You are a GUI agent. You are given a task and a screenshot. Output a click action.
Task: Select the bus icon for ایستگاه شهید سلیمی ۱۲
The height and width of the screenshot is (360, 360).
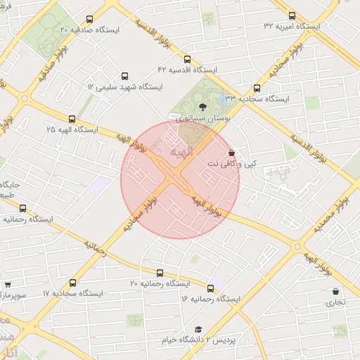coord(125,75)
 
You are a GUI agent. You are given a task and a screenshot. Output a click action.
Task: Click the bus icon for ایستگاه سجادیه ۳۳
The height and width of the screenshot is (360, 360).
coord(257,89)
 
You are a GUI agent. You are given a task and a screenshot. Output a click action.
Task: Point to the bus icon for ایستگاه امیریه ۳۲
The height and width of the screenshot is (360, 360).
coord(292,15)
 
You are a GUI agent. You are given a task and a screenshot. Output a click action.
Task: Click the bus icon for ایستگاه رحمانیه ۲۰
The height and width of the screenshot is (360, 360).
coord(160,273)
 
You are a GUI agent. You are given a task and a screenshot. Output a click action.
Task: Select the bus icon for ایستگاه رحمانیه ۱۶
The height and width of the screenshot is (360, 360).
coord(210,288)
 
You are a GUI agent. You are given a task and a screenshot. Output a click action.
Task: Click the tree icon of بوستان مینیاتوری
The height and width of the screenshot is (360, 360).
coord(203,108)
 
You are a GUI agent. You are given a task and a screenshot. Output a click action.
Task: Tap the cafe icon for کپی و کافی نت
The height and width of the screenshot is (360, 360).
coord(232,152)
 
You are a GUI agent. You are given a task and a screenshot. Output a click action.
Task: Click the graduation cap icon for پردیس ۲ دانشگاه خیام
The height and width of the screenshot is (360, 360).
coord(198,330)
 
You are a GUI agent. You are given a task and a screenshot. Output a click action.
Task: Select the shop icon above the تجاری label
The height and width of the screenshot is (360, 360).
coord(335,291)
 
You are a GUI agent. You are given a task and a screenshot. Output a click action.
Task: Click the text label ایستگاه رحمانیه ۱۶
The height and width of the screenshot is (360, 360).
coord(210,300)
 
